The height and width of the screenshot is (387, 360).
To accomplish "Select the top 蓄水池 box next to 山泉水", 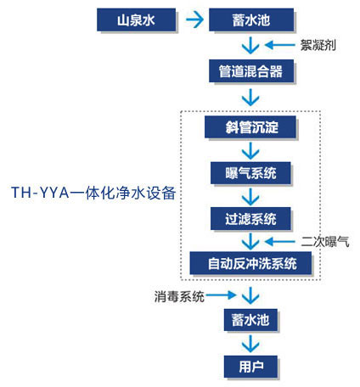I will pyautogui.click(x=250, y=18).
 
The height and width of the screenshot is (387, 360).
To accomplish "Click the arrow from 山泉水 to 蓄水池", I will pyautogui.click(x=195, y=18).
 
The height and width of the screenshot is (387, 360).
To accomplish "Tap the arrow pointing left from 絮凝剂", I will pyautogui.click(x=278, y=45).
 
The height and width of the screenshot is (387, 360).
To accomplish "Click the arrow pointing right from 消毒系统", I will pyautogui.click(x=219, y=294).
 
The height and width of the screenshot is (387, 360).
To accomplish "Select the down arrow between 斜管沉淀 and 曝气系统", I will pyautogui.click(x=250, y=151).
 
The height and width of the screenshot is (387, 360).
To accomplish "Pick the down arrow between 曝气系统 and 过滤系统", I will pyautogui.click(x=250, y=196).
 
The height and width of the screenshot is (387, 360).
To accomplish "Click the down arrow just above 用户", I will pyautogui.click(x=250, y=344).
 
